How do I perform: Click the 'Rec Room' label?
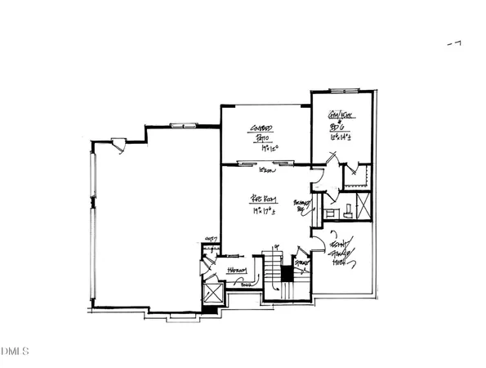(x=261, y=199)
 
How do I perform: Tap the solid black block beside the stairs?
(x=287, y=274)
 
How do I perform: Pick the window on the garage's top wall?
(x=179, y=124)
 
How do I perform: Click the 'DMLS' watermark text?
(x=14, y=352)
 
